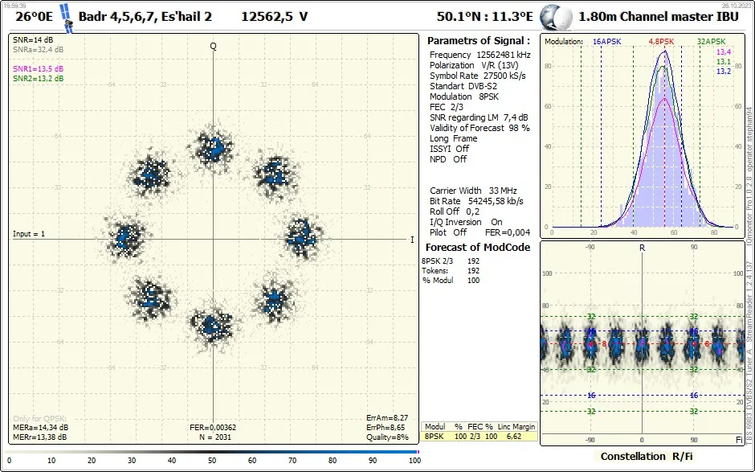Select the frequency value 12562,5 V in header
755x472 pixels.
pos(274,16)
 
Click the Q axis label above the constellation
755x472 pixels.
pos(214,46)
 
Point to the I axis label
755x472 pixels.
pos(412,240)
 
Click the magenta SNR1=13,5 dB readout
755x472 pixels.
pos(38,69)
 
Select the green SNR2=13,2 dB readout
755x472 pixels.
pos(38,79)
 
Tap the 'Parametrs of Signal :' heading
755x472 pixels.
pos(478,40)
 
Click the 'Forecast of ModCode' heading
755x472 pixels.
pos(477,247)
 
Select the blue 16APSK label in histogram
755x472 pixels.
pos(607,41)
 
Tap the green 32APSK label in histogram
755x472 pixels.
pos(711,41)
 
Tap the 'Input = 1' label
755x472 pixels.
pos(29,234)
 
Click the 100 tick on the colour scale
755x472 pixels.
pos(414,461)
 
